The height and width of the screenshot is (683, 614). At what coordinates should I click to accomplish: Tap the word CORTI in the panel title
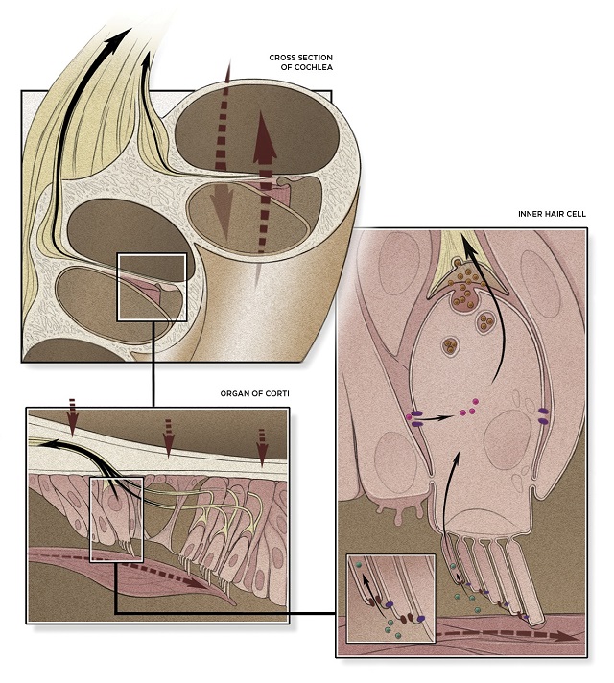(276, 393)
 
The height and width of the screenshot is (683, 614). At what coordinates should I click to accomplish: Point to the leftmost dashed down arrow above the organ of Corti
(73, 417)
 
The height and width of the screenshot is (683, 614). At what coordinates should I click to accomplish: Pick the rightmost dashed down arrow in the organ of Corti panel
(262, 448)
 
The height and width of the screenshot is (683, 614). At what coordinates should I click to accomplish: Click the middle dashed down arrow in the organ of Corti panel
(168, 438)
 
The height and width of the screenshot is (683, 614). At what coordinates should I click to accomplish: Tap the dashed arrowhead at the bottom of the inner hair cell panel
(569, 637)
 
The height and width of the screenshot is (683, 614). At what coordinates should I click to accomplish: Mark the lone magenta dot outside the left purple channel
(409, 417)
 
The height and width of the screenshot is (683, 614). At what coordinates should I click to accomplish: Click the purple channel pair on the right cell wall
(543, 415)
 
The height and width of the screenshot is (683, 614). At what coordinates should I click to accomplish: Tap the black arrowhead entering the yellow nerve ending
(468, 247)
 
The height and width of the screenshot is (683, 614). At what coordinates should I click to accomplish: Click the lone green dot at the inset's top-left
(359, 565)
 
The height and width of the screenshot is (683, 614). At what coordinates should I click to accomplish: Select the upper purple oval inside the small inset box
(390, 604)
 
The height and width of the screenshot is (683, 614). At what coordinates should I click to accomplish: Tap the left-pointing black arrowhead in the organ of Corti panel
(49, 444)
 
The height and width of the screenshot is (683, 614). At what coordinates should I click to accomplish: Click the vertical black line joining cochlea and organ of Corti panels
(153, 365)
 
